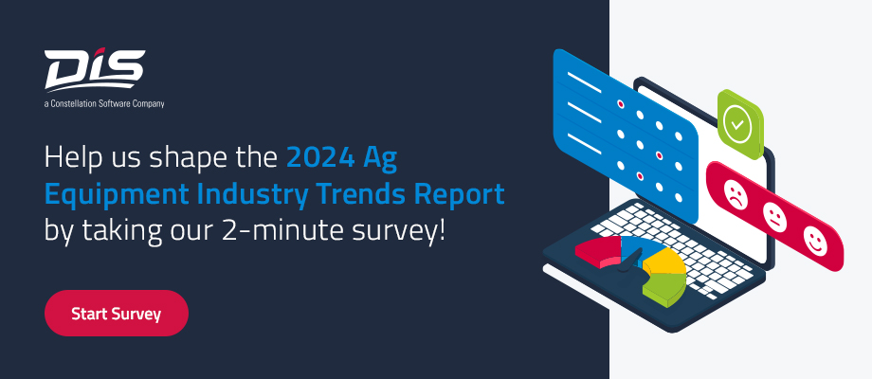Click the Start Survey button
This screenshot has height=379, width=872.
[117, 314]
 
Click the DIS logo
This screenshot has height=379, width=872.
[94, 69]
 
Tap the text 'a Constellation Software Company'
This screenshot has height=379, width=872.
[104, 103]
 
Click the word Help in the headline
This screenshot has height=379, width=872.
[71, 154]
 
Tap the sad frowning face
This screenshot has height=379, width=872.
[734, 195]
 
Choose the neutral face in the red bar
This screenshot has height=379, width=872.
[774, 217]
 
